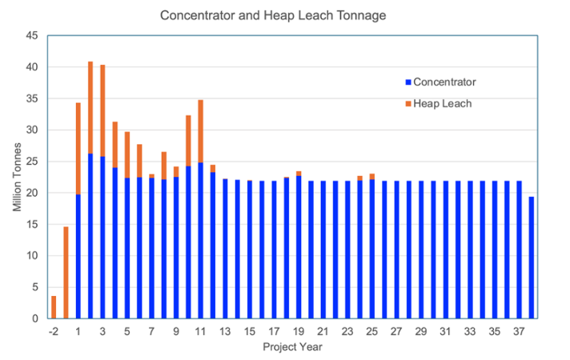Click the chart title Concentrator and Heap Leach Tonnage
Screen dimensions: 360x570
click(284, 15)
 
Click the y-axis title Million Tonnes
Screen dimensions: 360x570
click(18, 178)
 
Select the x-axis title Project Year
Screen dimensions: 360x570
click(291, 346)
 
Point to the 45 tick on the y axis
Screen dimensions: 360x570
click(33, 36)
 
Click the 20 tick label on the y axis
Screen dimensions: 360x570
click(33, 193)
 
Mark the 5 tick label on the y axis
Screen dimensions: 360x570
click(35, 287)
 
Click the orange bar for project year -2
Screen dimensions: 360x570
click(54, 307)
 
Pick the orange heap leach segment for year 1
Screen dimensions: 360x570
click(78, 148)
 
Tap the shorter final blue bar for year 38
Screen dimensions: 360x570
click(531, 257)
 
